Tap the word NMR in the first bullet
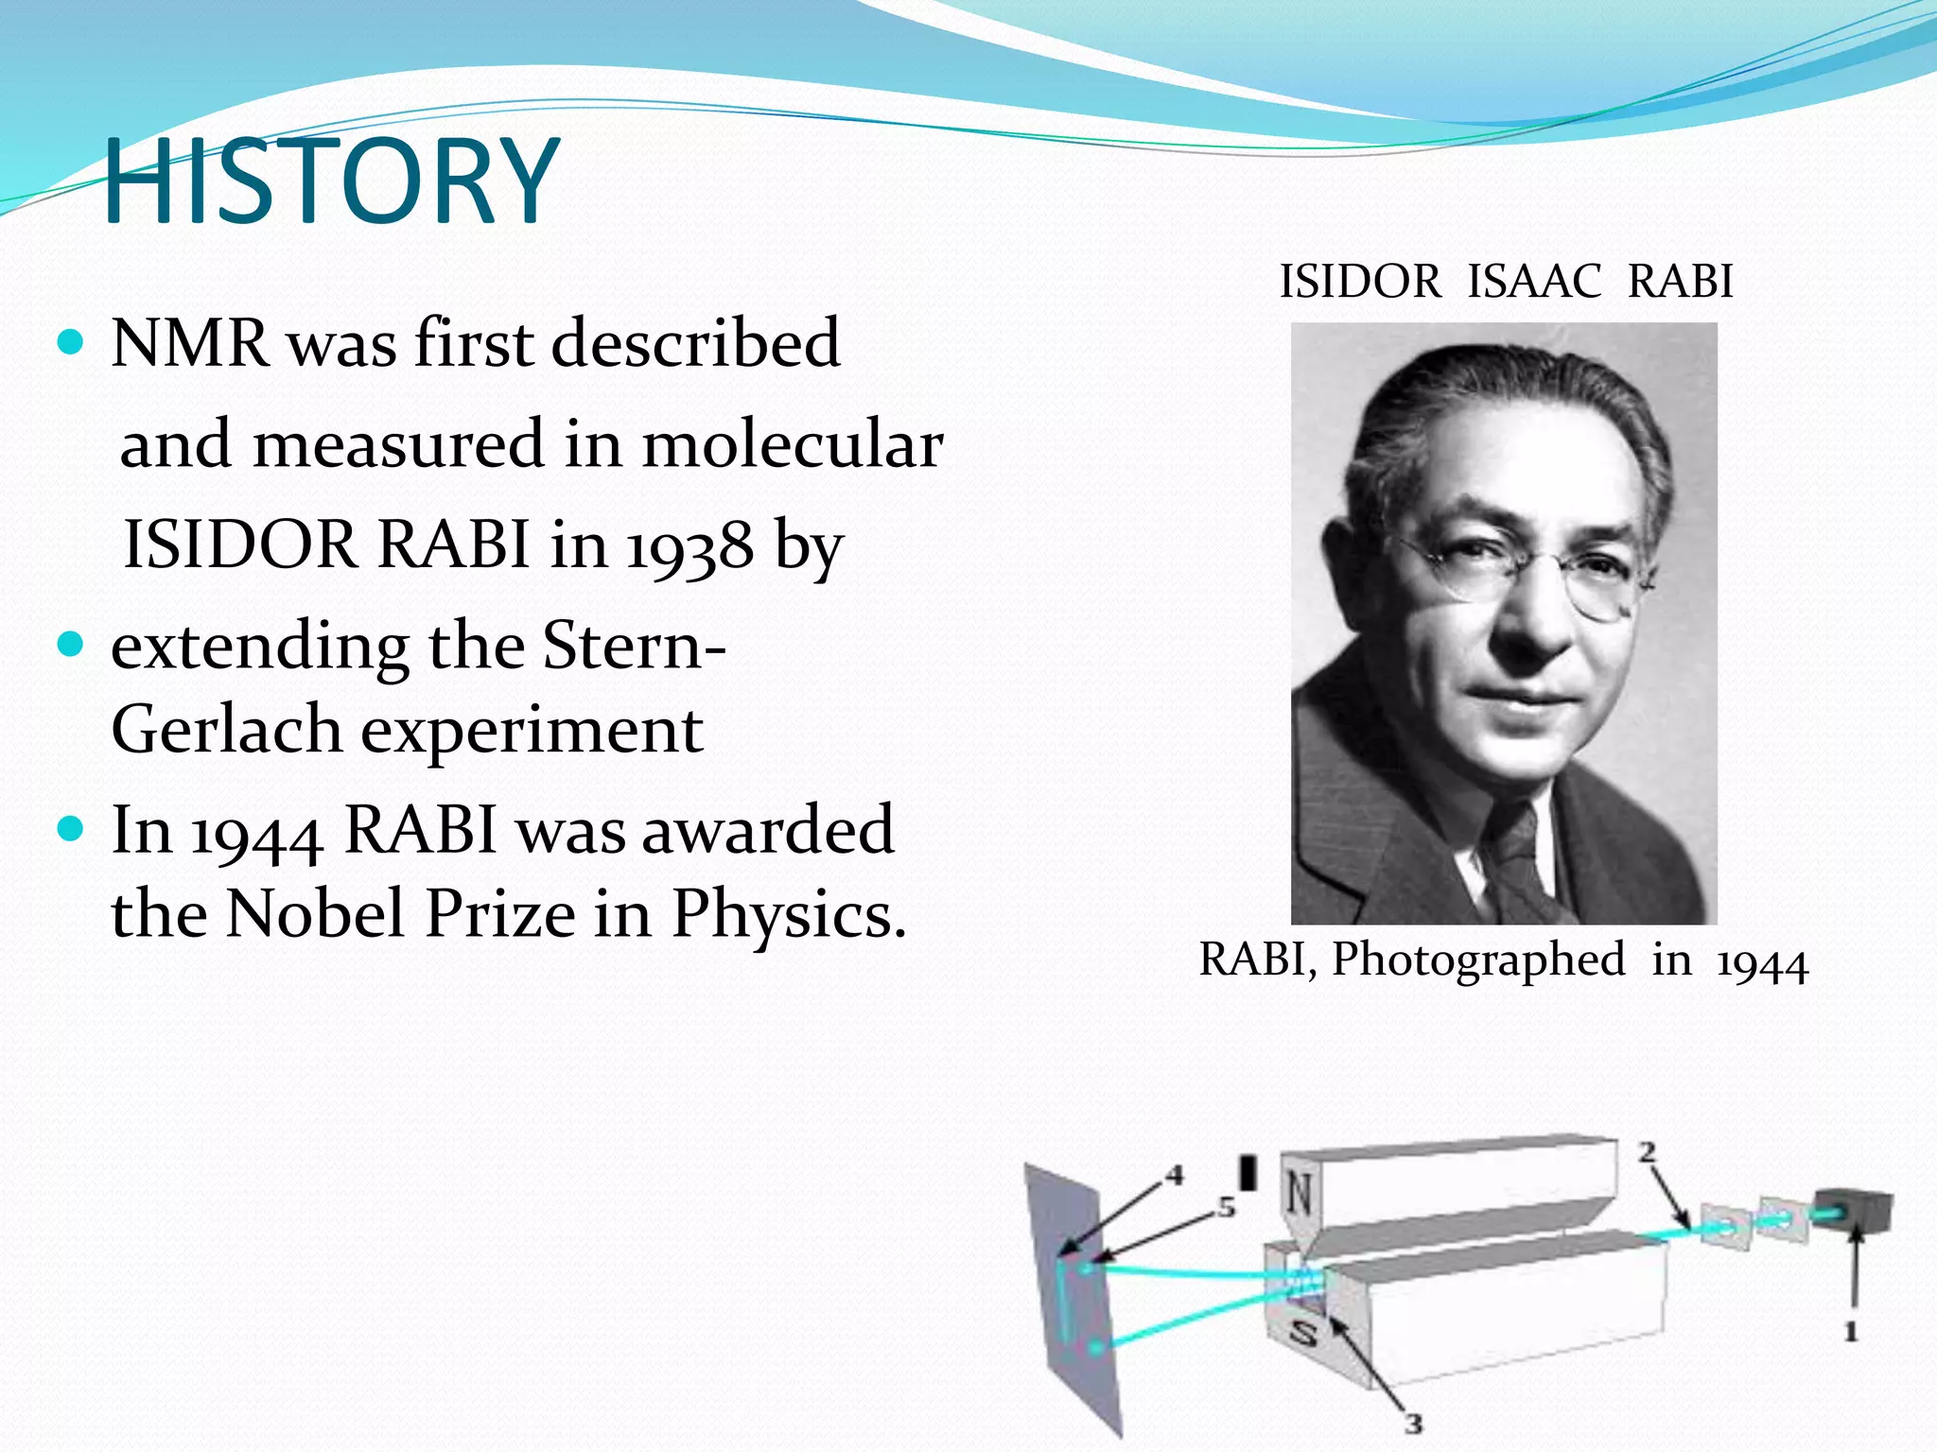[x=189, y=342]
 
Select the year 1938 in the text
[x=690, y=546]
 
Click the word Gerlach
[x=226, y=730]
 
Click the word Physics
[x=788, y=915]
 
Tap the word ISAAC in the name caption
[x=1534, y=282]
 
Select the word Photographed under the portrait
[x=1478, y=959]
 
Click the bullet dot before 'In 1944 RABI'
[x=70, y=829]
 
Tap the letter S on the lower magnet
[x=1304, y=1334]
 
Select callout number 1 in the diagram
[x=1851, y=1332]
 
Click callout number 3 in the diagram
[x=1413, y=1423]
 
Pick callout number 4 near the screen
[x=1174, y=1175]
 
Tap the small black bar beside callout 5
[x=1248, y=1173]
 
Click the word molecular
[x=793, y=444]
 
